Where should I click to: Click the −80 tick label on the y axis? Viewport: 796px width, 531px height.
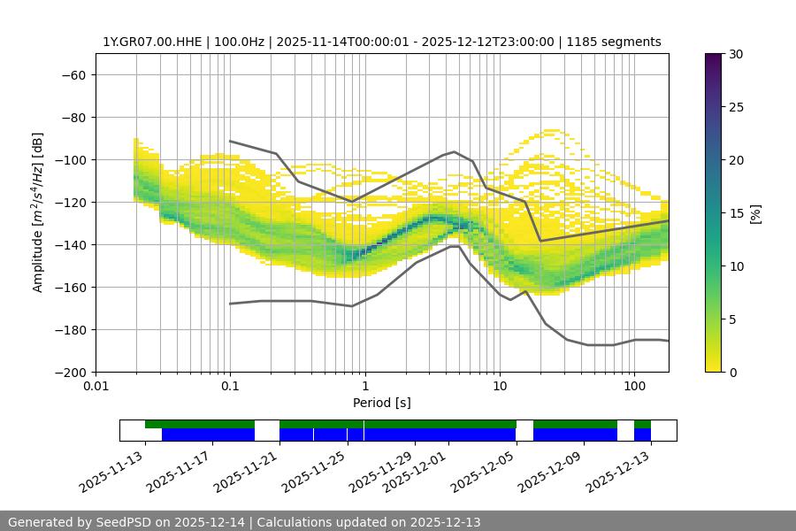click(x=73, y=118)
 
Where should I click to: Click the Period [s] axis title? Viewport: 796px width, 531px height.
click(x=382, y=404)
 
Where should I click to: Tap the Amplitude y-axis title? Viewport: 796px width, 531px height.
click(x=38, y=212)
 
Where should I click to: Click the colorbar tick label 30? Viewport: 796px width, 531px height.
click(x=734, y=54)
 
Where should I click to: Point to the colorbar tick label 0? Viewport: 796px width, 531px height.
click(x=731, y=373)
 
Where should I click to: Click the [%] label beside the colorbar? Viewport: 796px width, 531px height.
click(x=755, y=213)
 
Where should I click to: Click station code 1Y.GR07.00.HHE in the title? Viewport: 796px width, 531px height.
click(x=150, y=42)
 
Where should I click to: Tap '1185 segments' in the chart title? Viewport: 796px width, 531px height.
click(x=614, y=42)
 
